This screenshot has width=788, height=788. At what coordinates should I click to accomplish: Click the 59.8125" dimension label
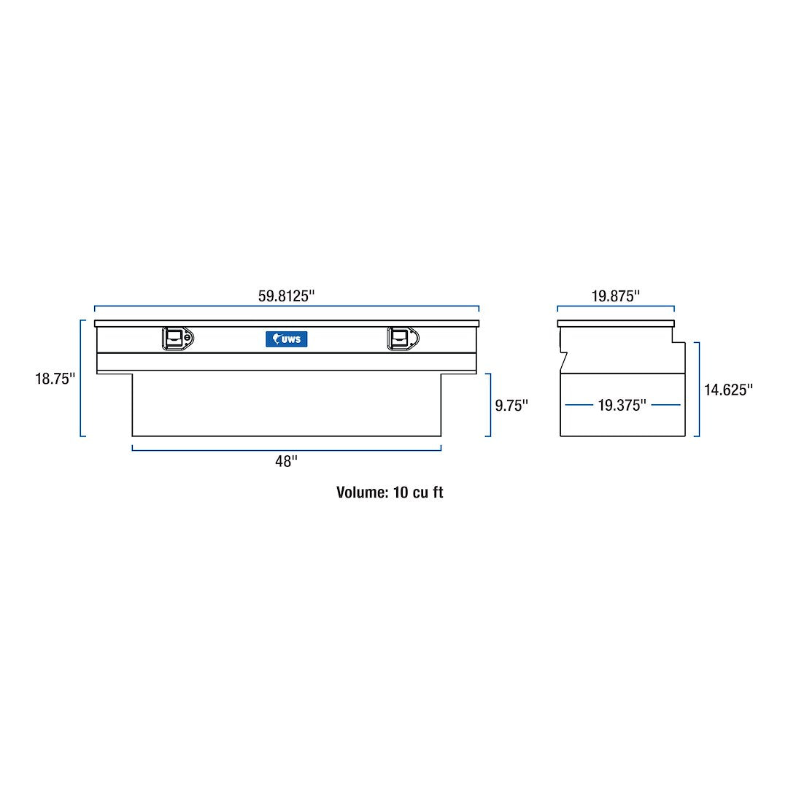coord(286,296)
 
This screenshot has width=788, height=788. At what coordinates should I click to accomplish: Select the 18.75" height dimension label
coord(55,379)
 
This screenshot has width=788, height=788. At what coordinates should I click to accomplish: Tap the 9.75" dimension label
coord(511,406)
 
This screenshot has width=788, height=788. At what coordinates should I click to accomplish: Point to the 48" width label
coord(286,461)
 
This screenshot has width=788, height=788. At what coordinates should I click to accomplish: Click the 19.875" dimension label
coord(615,296)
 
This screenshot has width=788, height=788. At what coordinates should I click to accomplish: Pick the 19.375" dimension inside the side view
coord(622,406)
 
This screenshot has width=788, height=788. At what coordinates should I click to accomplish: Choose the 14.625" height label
coord(728,390)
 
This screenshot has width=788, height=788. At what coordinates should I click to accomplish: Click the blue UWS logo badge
coord(287,339)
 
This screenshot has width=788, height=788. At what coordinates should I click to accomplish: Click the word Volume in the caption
coord(361,492)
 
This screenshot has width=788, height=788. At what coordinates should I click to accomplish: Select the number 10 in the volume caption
coord(401,492)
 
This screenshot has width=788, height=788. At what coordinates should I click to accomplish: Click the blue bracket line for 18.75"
coord(81,378)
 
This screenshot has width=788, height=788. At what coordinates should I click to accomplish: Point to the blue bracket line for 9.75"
coord(490,405)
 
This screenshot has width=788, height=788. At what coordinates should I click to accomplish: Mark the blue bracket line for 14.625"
coord(698,390)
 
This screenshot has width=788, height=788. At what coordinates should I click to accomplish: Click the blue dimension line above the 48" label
coord(286,450)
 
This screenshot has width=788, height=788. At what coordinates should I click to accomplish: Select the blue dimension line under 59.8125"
coord(286,306)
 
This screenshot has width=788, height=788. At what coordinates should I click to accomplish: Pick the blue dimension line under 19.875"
coord(615,306)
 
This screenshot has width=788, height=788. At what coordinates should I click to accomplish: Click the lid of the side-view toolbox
coord(615,323)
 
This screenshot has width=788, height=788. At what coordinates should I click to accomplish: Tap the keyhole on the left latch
coord(188,339)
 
